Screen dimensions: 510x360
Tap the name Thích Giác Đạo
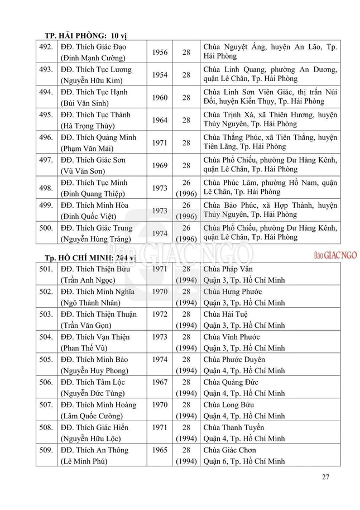coord(93,47)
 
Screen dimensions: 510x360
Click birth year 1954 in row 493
coord(159,75)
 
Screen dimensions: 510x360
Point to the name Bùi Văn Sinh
coord(85,103)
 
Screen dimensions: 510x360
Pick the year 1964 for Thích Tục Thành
coord(159,120)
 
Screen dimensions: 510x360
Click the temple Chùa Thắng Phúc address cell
coord(270,142)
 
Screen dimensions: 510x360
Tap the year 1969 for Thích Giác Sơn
coord(159,165)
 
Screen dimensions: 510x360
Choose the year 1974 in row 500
coord(159,233)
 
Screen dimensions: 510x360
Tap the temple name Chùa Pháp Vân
coord(229,269)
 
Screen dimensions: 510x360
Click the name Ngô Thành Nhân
coord(92,303)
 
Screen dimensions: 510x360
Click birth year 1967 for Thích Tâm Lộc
coord(159,382)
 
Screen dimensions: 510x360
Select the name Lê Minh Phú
coord(84,461)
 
